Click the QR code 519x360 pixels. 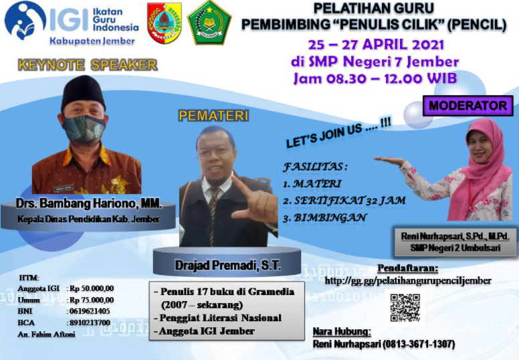pyautogui.click(x=405, y=308)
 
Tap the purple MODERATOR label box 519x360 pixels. pyautogui.click(x=468, y=106)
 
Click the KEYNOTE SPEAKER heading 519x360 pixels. pyautogui.click(x=88, y=65)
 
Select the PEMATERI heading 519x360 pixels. pyautogui.click(x=213, y=116)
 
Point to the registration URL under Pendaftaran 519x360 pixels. pyautogui.click(x=408, y=281)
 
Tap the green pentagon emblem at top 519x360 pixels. pyautogui.click(x=209, y=23)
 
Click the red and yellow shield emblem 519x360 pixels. pyautogui.click(x=165, y=23)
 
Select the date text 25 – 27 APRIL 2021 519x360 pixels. pyautogui.click(x=376, y=45)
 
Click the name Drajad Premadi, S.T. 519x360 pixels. pyautogui.click(x=227, y=266)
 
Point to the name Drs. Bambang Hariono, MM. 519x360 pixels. pyautogui.click(x=89, y=203)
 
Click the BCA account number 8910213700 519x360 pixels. pyautogui.click(x=90, y=323)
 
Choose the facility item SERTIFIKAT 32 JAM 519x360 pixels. pyautogui.click(x=350, y=200)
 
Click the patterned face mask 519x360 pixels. pyautogui.click(x=84, y=128)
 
